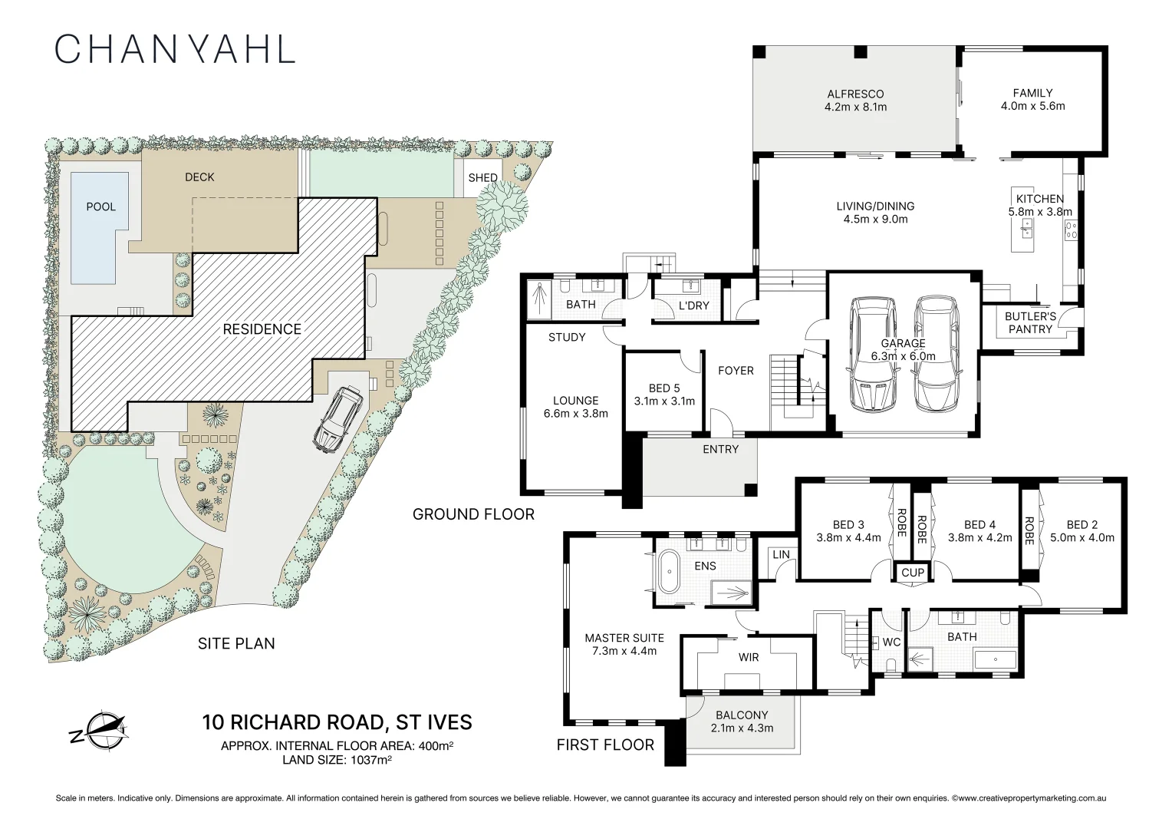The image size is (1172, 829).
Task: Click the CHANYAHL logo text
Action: [175, 49]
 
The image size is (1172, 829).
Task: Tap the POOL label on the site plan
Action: [100, 206]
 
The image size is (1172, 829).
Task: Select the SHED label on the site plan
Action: [482, 177]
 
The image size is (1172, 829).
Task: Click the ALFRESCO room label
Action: [855, 94]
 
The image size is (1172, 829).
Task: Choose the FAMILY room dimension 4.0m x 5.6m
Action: [1032, 106]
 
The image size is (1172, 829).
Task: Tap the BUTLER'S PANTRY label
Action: [1030, 322]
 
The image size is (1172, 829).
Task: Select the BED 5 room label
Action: [664, 388]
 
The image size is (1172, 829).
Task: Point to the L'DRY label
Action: [693, 306]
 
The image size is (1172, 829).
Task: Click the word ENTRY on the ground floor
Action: [720, 449]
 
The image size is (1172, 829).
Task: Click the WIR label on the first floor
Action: [748, 657]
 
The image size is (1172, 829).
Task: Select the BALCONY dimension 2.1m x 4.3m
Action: [742, 728]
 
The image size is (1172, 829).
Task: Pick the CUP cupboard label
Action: [913, 573]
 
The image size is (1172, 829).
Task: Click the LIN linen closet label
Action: [781, 554]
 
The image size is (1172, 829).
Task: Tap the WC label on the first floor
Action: [891, 642]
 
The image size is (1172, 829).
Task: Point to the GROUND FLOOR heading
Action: [473, 514]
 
